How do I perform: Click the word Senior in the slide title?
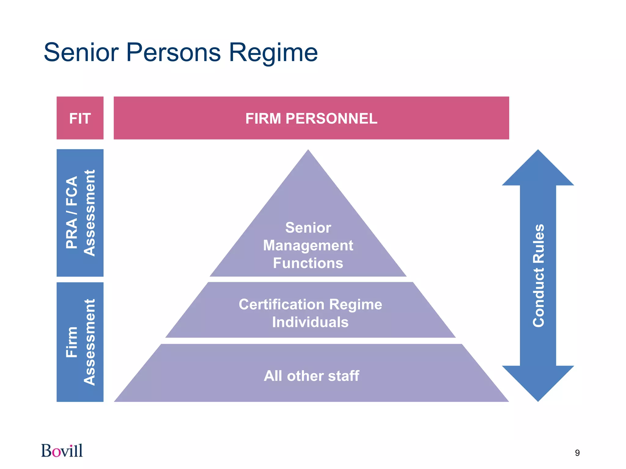tap(81, 53)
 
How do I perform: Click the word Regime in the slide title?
tap(273, 53)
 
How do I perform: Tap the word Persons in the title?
tap(173, 53)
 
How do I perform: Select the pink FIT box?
tap(80, 118)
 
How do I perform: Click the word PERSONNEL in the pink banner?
tap(331, 118)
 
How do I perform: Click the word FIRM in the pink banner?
tap(263, 118)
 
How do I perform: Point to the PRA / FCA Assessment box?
tap(80, 213)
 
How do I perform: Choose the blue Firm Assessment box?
tap(80, 342)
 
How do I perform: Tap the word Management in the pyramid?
tap(308, 245)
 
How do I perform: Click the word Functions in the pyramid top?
tap(308, 263)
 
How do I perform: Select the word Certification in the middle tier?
tap(281, 304)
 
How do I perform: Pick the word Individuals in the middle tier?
tap(310, 322)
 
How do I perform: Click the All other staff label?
tap(311, 376)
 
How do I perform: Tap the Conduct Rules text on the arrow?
tap(539, 275)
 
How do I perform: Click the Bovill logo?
tap(62, 451)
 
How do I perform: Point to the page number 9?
tap(577, 453)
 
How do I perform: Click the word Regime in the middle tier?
tap(355, 304)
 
